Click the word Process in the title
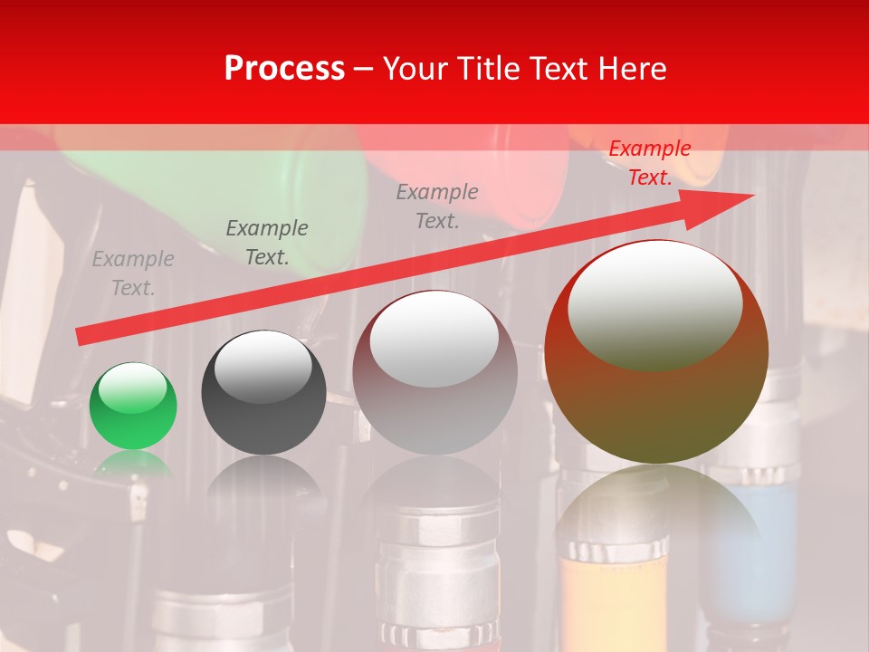(x=284, y=69)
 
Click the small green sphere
(x=133, y=407)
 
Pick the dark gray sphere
(x=263, y=393)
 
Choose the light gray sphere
(x=434, y=373)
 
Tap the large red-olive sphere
(x=656, y=353)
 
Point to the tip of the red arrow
(x=751, y=195)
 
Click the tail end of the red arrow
(x=80, y=337)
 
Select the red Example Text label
(x=649, y=163)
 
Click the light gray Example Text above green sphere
(x=133, y=273)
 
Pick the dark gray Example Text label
(x=267, y=243)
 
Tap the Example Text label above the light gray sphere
(x=437, y=206)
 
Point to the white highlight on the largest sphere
(x=654, y=303)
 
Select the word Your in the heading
(x=415, y=69)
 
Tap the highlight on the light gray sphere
(x=434, y=339)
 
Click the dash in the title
(x=364, y=69)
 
